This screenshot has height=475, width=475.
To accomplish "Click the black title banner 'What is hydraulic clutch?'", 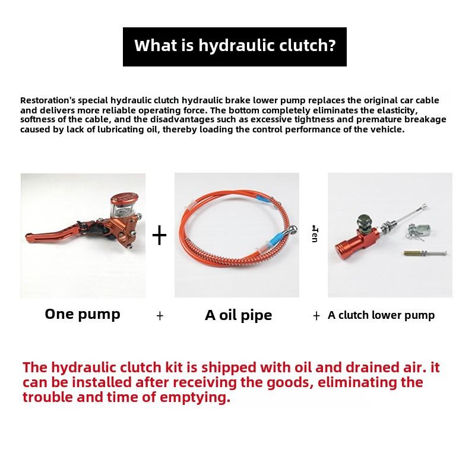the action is pyautogui.click(x=235, y=47).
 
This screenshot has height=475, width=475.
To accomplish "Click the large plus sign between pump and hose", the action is pyautogui.click(x=159, y=235).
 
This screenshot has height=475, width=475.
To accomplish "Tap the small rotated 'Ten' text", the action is pyautogui.click(x=315, y=234).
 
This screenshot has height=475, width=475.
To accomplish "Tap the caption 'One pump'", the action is pyautogui.click(x=83, y=315).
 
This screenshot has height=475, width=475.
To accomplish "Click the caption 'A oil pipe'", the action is pyautogui.click(x=239, y=315).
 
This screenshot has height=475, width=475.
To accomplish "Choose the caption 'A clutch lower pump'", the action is pyautogui.click(x=381, y=315).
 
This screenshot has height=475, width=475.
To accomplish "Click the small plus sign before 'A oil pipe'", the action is pyautogui.click(x=160, y=316).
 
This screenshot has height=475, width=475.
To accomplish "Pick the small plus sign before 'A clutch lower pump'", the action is pyautogui.click(x=316, y=316).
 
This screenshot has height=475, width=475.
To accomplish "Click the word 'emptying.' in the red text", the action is pyautogui.click(x=195, y=397).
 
